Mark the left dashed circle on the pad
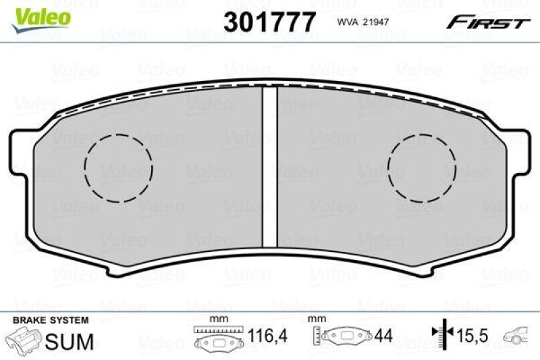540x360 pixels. pos(119,168)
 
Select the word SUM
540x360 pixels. pos(68,342)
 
